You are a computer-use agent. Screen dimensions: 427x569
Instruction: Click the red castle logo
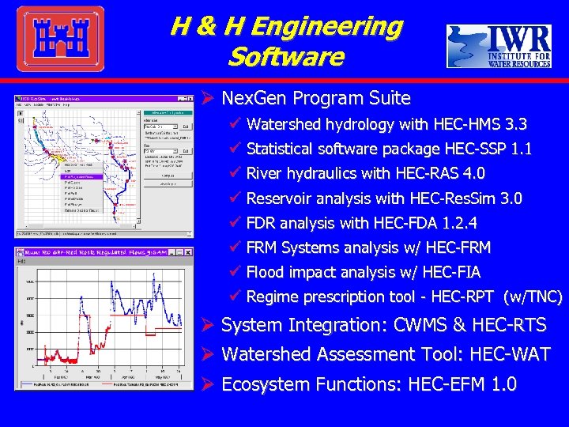pyautogui.click(x=60, y=39)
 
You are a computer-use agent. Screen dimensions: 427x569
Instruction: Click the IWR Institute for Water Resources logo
pyautogui.click(x=499, y=46)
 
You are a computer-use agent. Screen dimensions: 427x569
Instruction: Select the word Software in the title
pyautogui.click(x=285, y=57)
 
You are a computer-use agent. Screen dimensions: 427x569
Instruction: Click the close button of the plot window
pyautogui.click(x=188, y=252)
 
